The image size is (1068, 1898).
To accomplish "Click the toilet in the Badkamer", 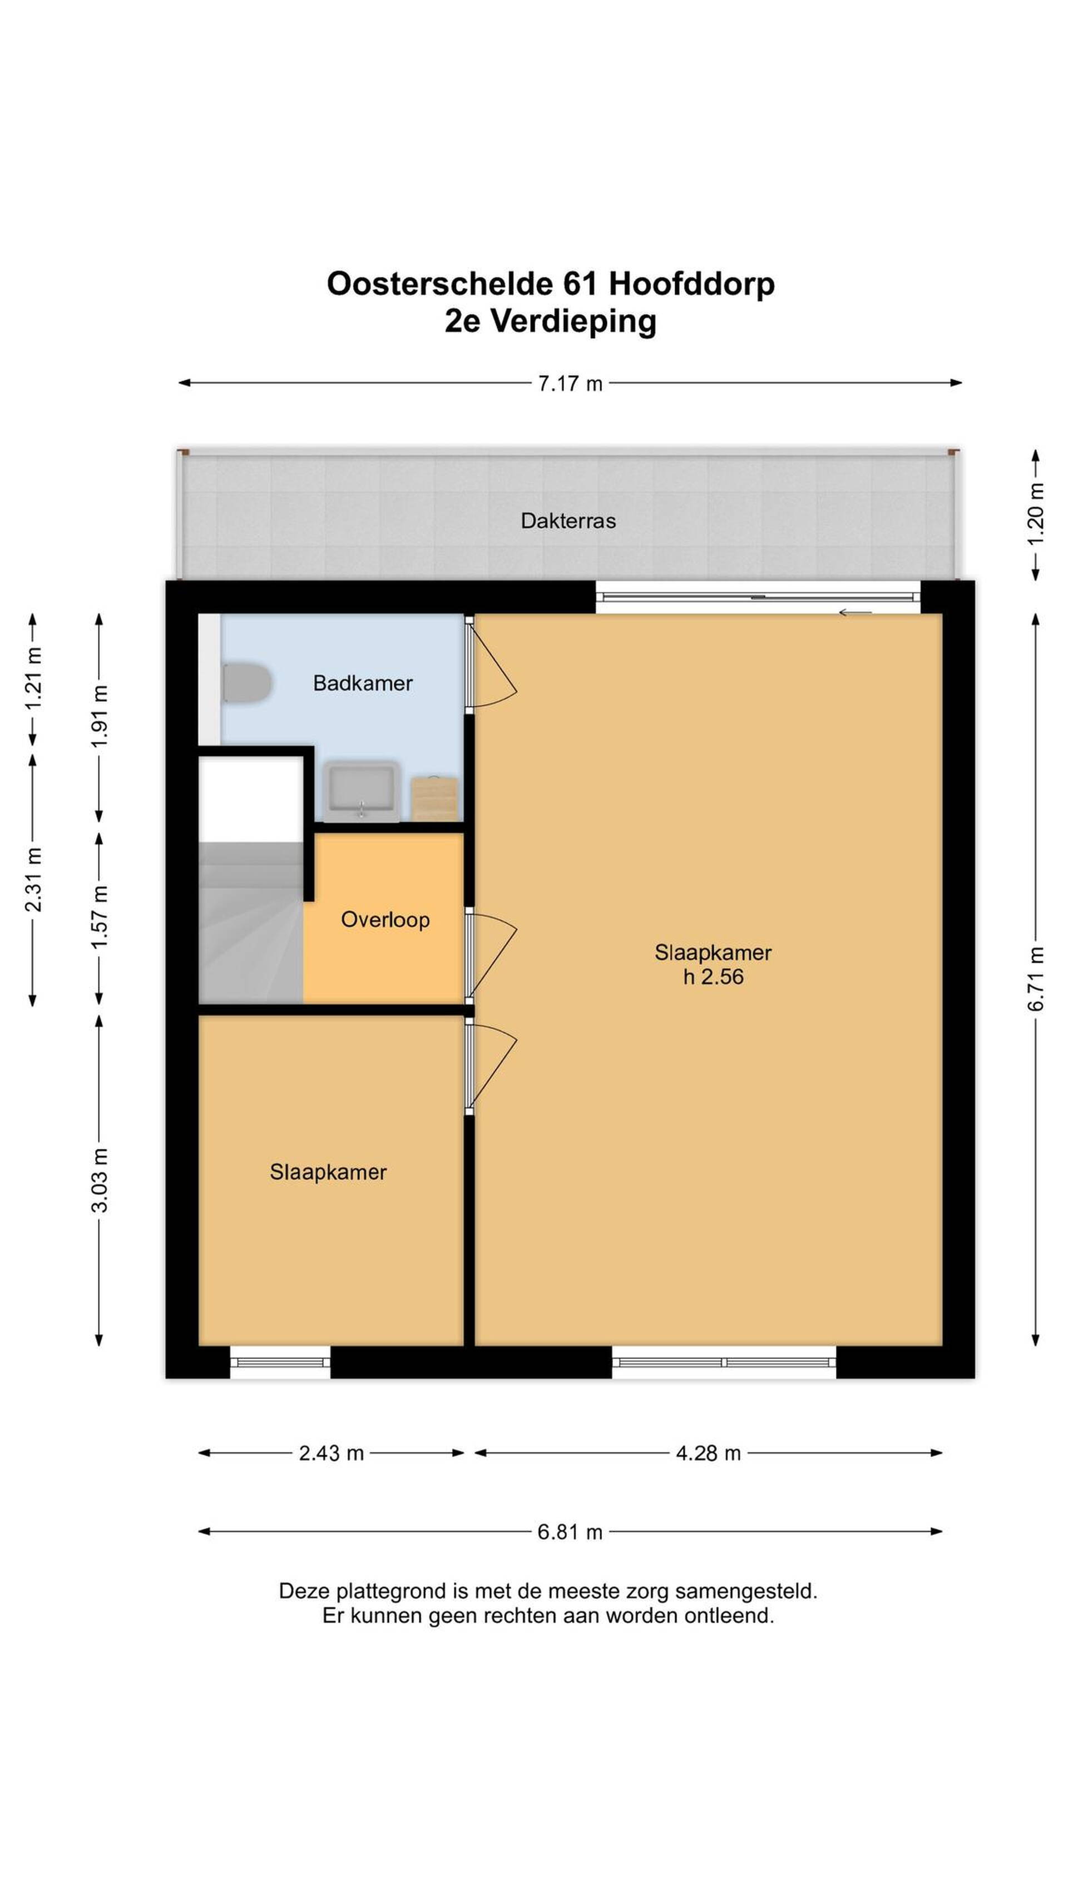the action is tap(247, 682).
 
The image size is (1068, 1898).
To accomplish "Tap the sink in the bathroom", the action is tap(361, 791).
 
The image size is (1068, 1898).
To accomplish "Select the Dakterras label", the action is tap(567, 521).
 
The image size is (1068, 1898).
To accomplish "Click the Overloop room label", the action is tap(385, 920).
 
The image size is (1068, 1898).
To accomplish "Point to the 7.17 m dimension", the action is tap(570, 383).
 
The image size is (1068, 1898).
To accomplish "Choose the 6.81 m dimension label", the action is tap(570, 1532).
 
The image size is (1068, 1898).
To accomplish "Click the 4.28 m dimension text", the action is tap(708, 1453).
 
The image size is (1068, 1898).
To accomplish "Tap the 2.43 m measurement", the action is tap(331, 1453).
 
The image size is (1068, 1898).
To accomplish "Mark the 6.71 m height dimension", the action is tap(1036, 978).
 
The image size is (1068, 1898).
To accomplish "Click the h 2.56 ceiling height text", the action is tap(713, 977).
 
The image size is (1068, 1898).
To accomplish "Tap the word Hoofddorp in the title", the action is tap(691, 284).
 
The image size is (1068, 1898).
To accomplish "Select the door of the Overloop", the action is tap(490, 955).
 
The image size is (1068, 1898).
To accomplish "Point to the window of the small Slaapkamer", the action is tap(280, 1362).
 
